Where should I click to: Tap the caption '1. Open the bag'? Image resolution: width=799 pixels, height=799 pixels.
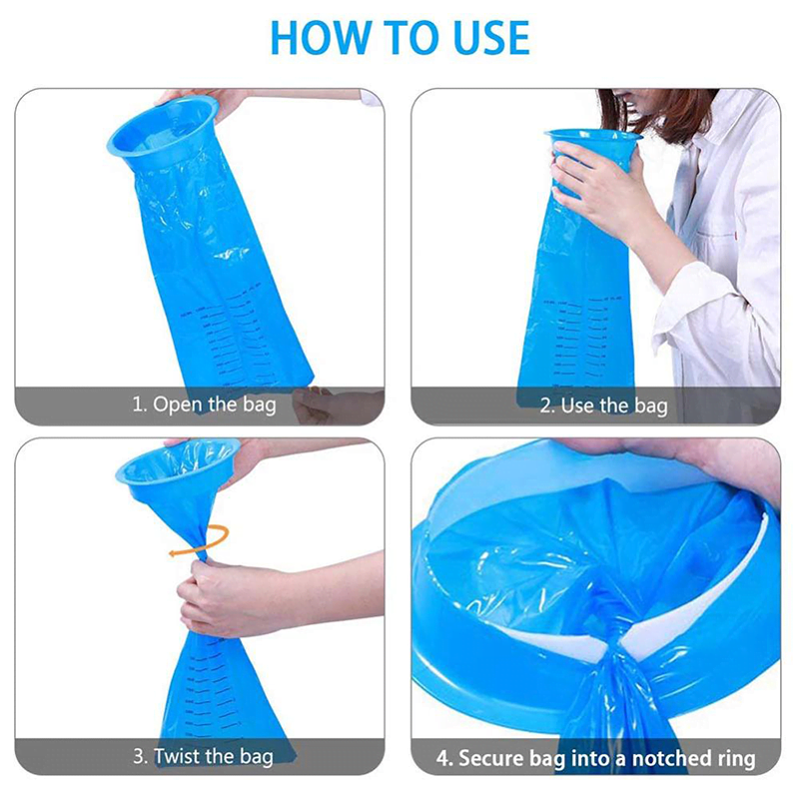pos(204,405)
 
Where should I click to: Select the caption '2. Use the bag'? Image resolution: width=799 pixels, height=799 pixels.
pos(603,405)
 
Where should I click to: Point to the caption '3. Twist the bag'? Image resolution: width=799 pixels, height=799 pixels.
pos(204,756)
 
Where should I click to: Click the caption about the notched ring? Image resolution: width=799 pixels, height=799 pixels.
pos(596,757)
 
